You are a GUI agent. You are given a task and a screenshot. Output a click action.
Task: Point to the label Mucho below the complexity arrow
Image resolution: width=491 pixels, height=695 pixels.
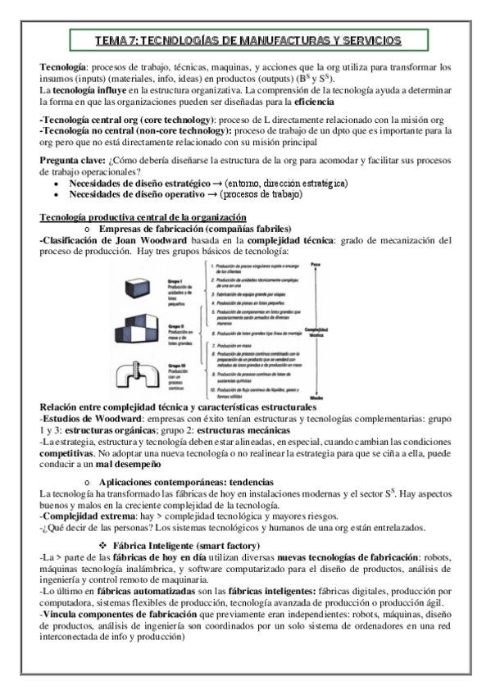(x=338, y=397)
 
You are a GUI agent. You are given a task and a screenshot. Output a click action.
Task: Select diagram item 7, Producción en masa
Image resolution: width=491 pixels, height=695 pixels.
(x=238, y=347)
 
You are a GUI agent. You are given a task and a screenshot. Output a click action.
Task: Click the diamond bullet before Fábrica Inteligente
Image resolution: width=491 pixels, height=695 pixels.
(x=104, y=546)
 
